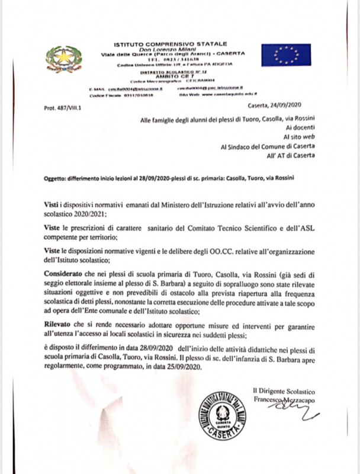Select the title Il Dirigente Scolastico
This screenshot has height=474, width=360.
[284, 391]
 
